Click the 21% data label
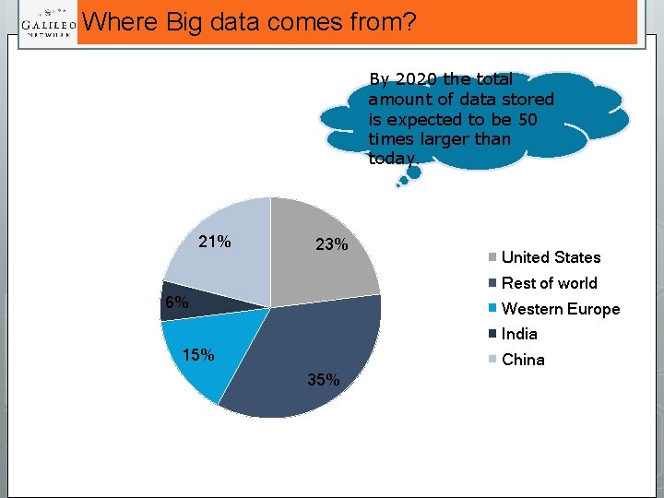coord(215,243)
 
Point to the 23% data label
coord(331,245)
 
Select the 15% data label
coord(198,355)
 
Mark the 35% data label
coord(324,380)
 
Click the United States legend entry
coord(551,257)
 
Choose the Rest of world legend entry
coord(549,283)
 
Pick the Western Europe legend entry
coord(560,309)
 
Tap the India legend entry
coord(519,334)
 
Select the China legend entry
coord(523,360)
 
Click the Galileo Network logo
coord(48,24)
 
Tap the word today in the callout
coord(392,159)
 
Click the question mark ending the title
coord(410,21)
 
